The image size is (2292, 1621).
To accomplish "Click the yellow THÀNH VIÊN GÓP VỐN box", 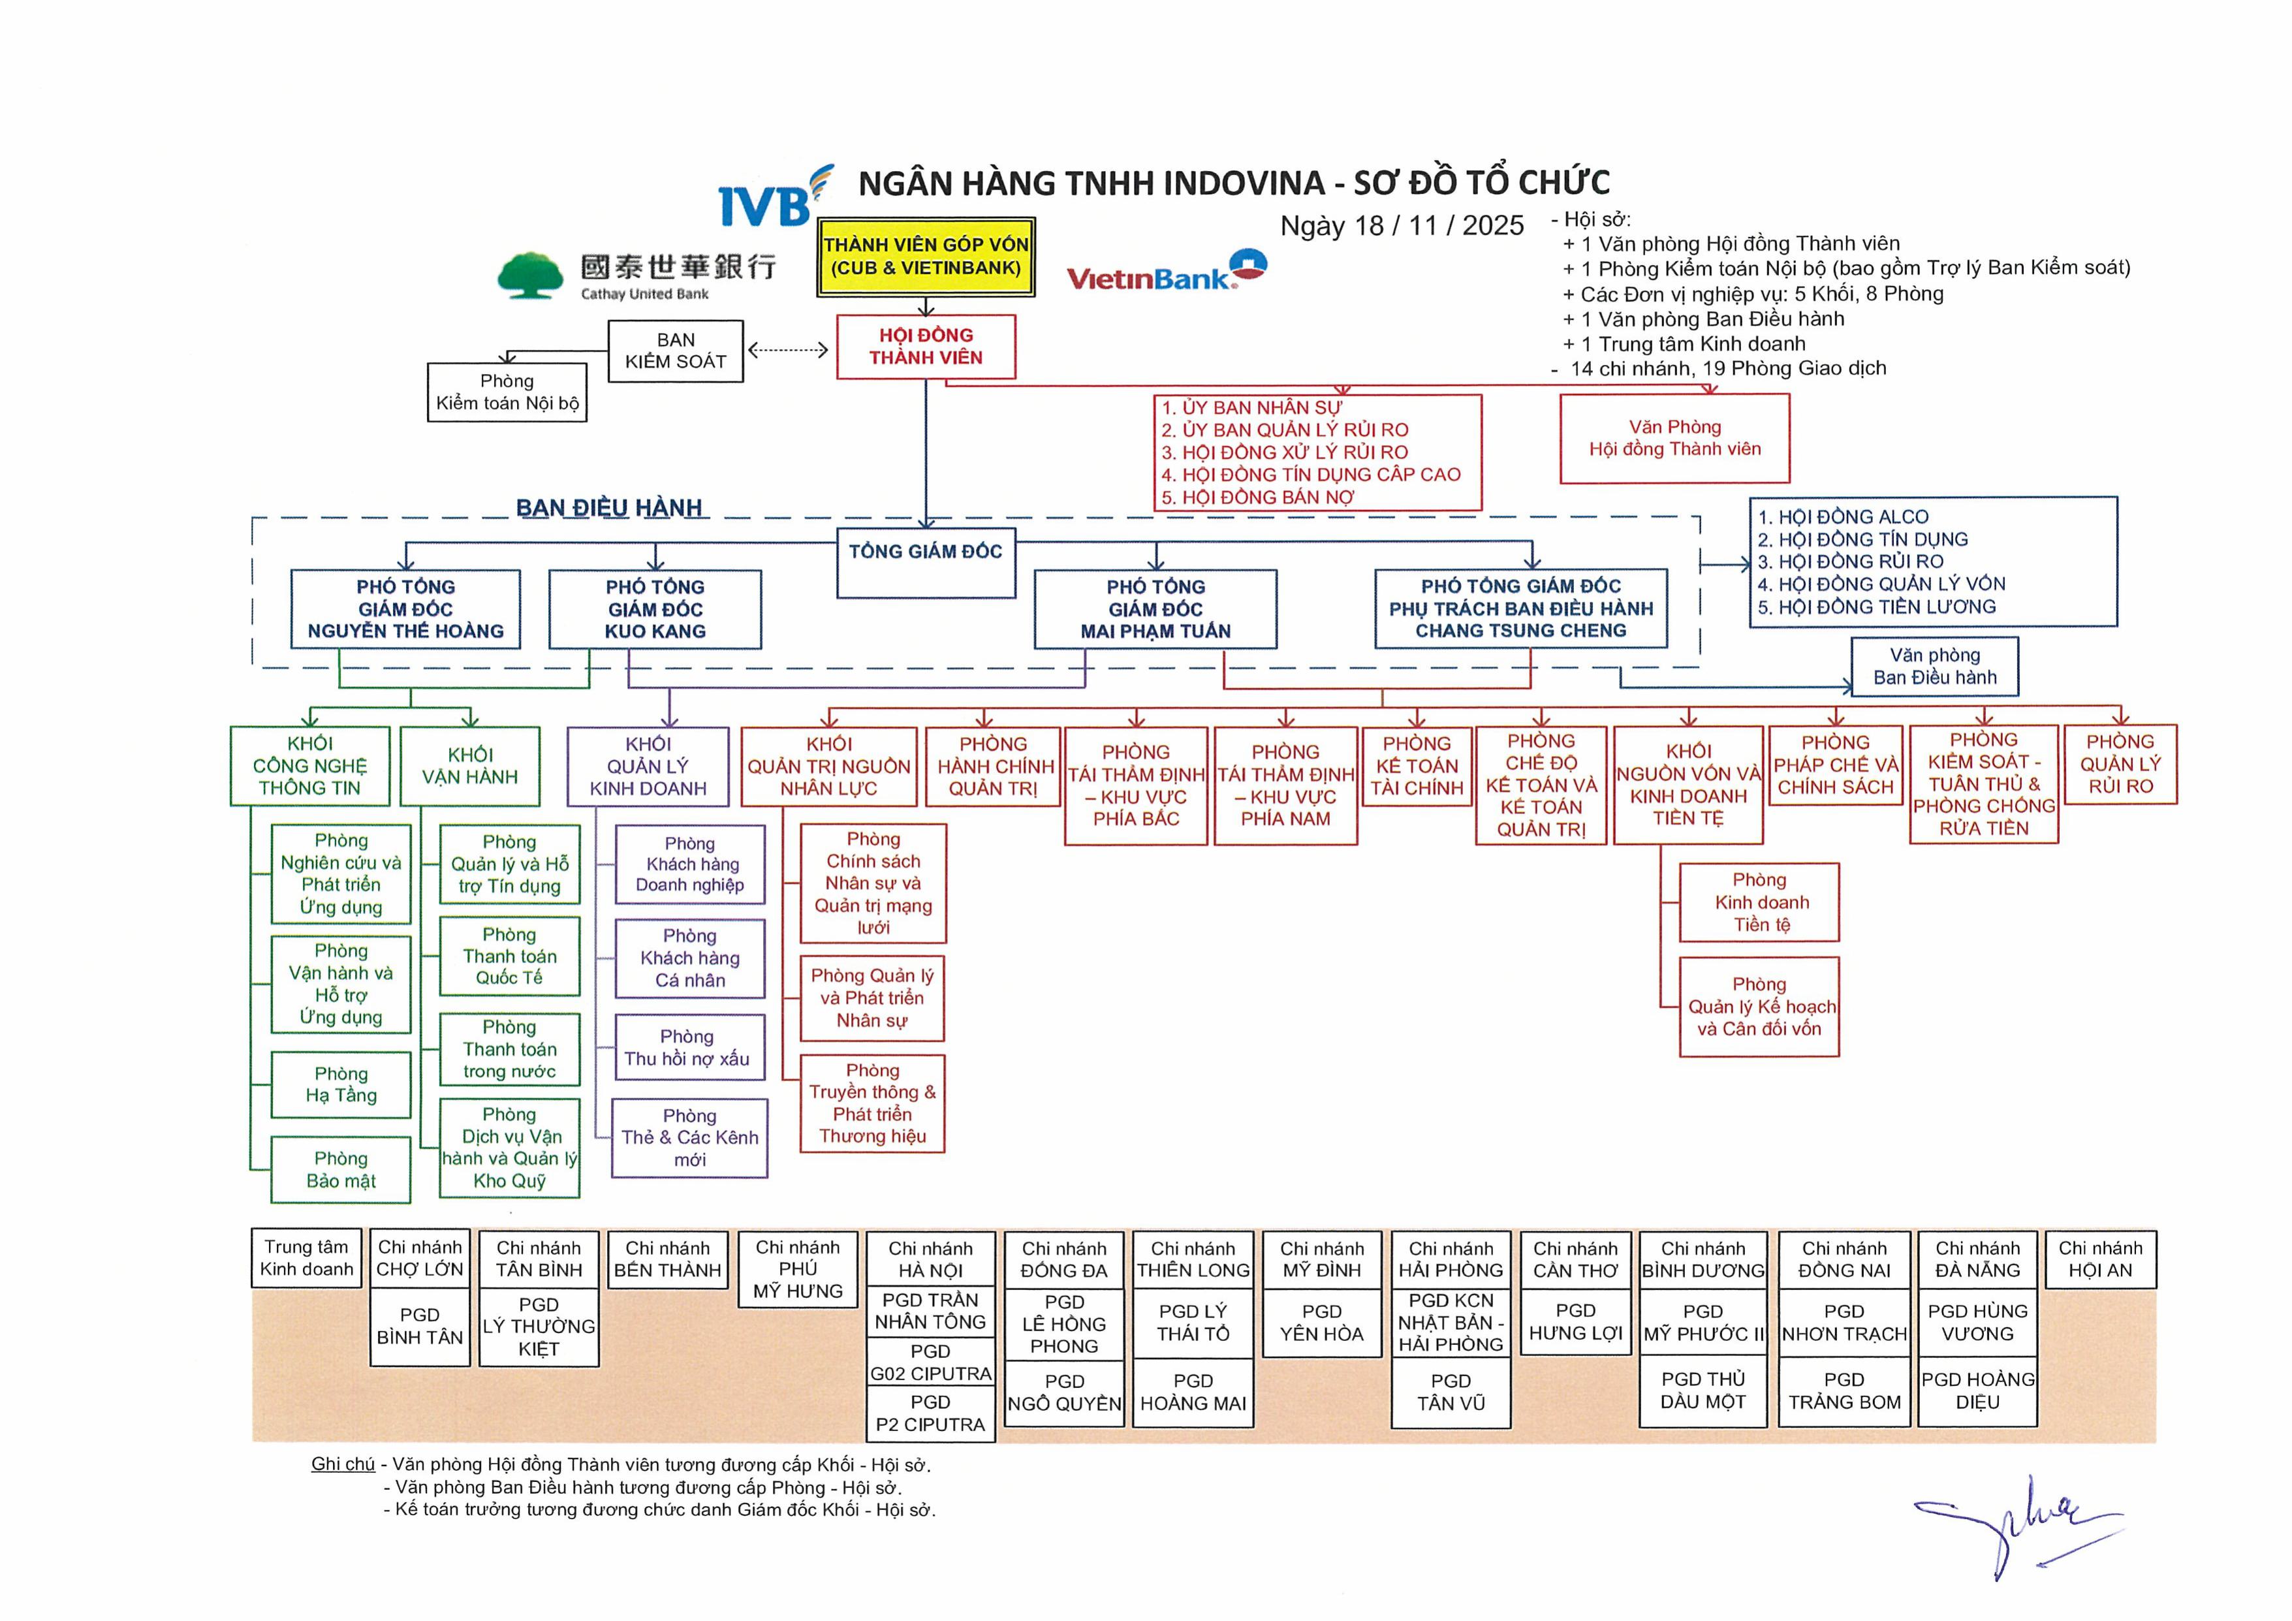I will click(926, 257).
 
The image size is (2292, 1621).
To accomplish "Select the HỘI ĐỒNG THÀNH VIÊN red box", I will click(926, 347).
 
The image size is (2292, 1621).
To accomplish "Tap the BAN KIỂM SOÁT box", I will click(676, 351).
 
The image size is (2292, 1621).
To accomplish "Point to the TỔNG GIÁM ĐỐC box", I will click(926, 562).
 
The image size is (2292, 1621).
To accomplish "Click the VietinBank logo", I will click(1166, 272).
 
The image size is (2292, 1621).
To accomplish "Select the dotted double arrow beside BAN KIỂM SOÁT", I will click(789, 349).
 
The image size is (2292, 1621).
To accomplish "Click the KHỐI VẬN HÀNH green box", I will click(469, 766).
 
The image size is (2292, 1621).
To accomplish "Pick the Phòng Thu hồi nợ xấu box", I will click(688, 1047).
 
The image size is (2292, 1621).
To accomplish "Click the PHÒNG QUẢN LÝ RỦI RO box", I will click(2120, 764).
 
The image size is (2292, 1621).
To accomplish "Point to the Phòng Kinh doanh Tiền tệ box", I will click(1759, 902).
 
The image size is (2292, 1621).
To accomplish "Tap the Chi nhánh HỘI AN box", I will click(2099, 1259).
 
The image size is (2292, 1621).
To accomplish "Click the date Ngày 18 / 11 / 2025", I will click(1402, 226).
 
